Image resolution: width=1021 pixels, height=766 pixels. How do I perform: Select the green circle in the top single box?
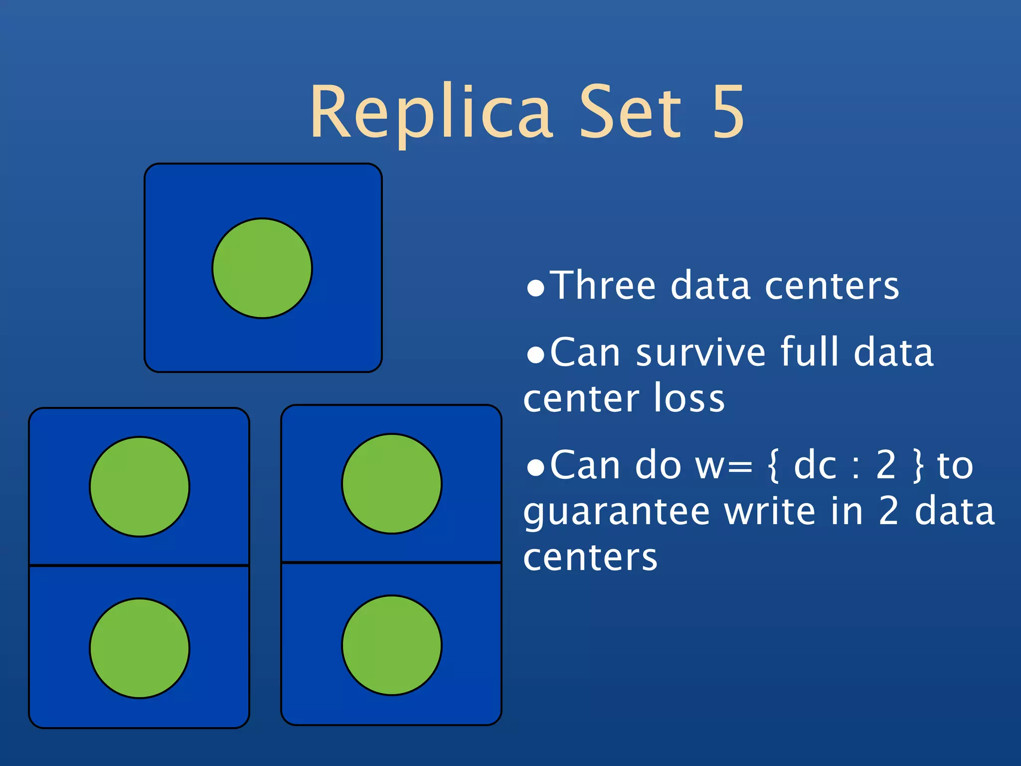(262, 268)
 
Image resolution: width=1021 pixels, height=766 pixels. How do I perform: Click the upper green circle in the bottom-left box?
(140, 487)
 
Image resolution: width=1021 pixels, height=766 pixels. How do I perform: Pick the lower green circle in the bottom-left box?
(140, 648)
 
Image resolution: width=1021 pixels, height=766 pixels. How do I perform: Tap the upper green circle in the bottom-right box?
(392, 484)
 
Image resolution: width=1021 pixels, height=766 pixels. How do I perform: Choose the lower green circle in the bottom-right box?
(392, 645)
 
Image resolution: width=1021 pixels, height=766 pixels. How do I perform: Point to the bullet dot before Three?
(535, 289)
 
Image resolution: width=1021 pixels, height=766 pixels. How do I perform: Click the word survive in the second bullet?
(701, 353)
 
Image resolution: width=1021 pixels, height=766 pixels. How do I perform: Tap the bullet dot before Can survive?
(535, 356)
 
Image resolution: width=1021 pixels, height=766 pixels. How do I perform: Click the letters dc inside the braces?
(815, 465)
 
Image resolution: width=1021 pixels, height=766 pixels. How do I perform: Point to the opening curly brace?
(773, 466)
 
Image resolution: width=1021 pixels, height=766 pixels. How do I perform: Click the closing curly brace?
(918, 466)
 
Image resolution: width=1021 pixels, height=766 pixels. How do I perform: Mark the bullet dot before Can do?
(535, 469)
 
